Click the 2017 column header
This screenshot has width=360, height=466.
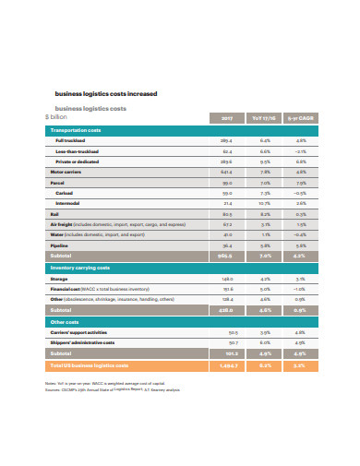[227, 117]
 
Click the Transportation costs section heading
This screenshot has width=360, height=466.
[74, 131]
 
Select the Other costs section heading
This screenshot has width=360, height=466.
[64, 322]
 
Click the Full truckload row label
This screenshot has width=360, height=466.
[71, 141]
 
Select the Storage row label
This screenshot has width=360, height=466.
[58, 279]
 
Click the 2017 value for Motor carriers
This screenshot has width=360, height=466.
[227, 172]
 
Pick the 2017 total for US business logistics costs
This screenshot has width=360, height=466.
[227, 365]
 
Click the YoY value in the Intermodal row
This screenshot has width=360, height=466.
[265, 203]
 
